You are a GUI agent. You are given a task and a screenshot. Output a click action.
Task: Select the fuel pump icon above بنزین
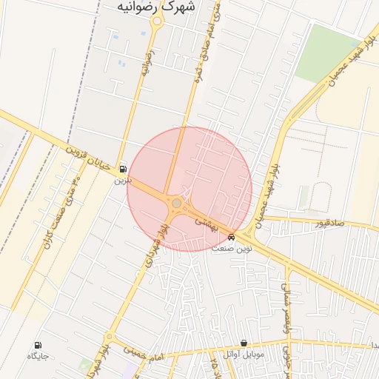coord(121,169)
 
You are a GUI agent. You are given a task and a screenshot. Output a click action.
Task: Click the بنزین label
coord(121,180)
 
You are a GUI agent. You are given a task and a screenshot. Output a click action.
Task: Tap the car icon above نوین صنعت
coord(232,238)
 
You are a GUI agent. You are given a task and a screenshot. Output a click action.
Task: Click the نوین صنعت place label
coord(232,249)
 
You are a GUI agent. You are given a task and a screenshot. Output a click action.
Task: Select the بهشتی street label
coord(205,224)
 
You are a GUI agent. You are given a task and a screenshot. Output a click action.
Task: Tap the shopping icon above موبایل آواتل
coord(244,343)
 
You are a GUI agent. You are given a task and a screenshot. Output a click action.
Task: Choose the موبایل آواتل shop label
coord(244,355)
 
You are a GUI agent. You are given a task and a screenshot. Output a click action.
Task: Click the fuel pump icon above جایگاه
coord(38,345)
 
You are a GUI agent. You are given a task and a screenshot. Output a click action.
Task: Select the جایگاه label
coord(38,356)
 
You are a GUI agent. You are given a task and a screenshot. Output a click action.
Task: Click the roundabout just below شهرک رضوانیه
coord(157,21)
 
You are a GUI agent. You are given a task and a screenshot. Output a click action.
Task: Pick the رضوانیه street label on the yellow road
coord(147,63)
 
